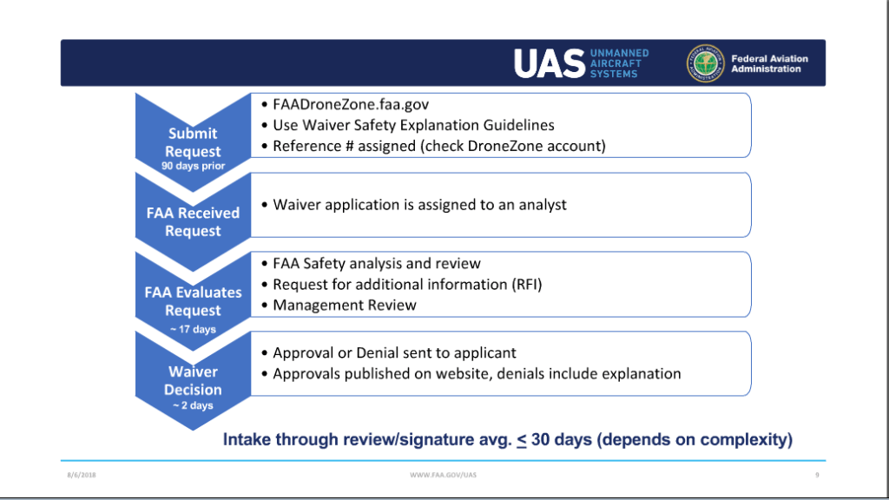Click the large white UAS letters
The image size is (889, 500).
coord(549,63)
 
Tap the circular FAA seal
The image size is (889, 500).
coord(705,63)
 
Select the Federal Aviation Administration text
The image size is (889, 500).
coord(769,63)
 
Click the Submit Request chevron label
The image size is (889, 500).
coord(193,142)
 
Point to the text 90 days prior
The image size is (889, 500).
coord(193,166)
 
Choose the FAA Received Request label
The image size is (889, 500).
coord(193,222)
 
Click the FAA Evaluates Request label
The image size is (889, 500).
coord(193,301)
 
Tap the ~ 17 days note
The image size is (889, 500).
coord(193,330)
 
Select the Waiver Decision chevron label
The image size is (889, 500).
coord(193,381)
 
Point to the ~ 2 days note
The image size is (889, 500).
coord(193,405)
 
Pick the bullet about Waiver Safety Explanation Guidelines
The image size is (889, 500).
coord(413,125)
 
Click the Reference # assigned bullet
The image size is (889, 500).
coord(438,146)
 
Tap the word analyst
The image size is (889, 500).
coord(543,205)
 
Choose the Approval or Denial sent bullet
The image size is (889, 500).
coord(394,353)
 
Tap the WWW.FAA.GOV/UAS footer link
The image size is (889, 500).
coord(443,475)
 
